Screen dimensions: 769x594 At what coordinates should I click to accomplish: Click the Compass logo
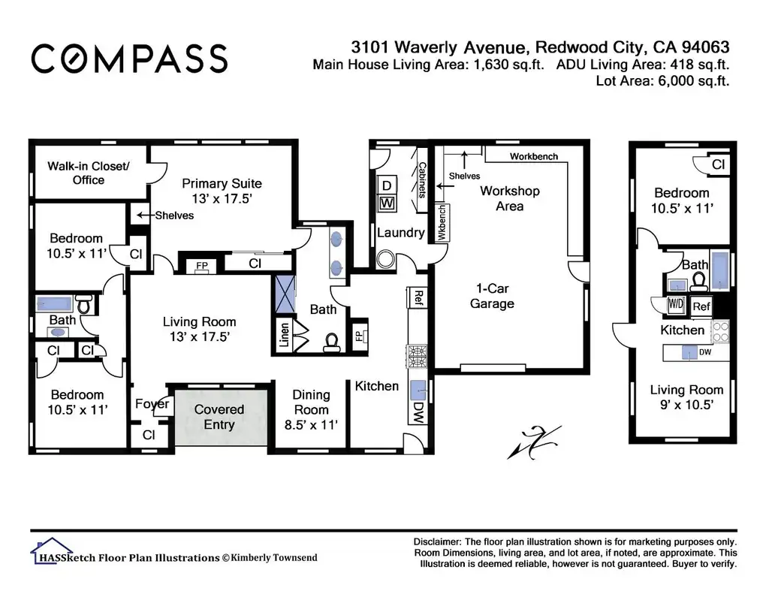pos(129,59)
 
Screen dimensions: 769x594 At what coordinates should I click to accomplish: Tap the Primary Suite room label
pos(222,191)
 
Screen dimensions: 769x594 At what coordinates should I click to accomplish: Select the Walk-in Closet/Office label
pos(89,173)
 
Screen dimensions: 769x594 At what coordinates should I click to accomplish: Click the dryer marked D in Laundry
pos(387,186)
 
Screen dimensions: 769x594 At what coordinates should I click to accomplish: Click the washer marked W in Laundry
pos(387,203)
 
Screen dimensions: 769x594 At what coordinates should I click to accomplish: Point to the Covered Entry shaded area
pos(222,418)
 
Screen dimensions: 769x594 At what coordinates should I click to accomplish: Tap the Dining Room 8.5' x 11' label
pos(311,409)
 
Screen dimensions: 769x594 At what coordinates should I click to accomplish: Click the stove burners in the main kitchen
pos(416,357)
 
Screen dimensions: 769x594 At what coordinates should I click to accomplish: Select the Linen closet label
pos(284,334)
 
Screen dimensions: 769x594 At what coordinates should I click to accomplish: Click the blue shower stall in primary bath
pos(285,294)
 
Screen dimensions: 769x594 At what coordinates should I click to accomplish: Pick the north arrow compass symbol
pos(534,442)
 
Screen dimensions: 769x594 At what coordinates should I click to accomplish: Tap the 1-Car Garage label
pos(492,296)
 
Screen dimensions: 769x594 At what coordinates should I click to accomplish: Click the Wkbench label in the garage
pos(442,223)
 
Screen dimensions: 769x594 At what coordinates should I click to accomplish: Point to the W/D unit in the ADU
pos(675,304)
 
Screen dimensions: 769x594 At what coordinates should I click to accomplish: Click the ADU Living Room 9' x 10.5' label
pos(686,397)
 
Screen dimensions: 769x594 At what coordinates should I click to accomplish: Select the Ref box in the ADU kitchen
pos(701,306)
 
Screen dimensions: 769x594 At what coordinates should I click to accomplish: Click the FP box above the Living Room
pos(201,266)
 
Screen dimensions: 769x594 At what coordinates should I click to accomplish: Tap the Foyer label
pos(152,404)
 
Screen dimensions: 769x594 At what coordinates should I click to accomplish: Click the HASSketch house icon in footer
pos(52,550)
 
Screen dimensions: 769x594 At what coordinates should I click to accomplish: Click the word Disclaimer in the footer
pos(437,542)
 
